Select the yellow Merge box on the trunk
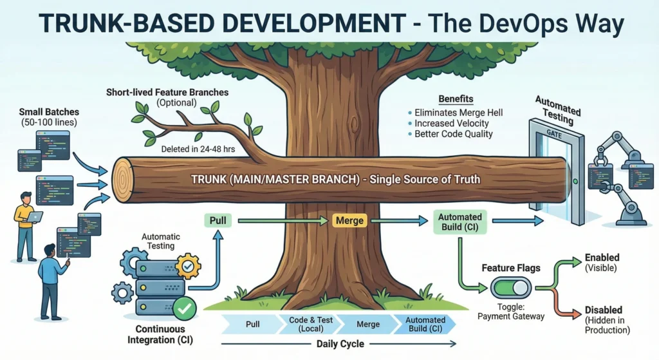click(350, 220)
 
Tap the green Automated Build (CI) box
click(460, 221)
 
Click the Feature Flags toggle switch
click(510, 287)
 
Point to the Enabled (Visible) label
click(602, 262)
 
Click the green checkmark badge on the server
click(185, 310)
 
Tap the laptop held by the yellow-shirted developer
click(34, 216)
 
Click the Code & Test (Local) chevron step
click(301, 324)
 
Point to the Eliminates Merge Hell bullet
click(458, 113)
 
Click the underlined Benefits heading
click(455, 99)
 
